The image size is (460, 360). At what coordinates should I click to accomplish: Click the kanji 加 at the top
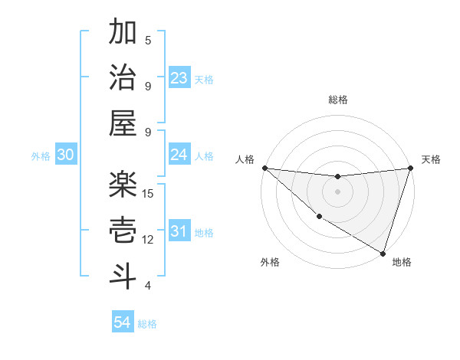[123, 34]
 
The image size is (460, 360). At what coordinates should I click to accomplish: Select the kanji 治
[123, 79]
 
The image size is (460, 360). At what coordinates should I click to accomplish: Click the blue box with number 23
[179, 78]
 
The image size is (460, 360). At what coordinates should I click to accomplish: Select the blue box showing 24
[179, 155]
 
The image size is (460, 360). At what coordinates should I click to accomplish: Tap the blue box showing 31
[179, 231]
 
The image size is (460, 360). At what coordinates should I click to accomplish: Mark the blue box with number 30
[65, 155]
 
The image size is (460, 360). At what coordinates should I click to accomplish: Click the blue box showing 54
[123, 323]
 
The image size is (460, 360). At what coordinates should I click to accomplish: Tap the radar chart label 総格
[337, 100]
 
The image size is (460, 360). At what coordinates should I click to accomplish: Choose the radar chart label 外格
[270, 263]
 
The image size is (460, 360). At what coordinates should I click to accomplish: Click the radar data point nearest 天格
[410, 168]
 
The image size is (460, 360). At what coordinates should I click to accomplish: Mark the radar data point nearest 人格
[264, 168]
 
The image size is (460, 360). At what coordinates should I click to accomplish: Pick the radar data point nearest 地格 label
[383, 254]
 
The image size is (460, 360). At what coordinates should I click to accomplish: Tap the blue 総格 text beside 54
[147, 324]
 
